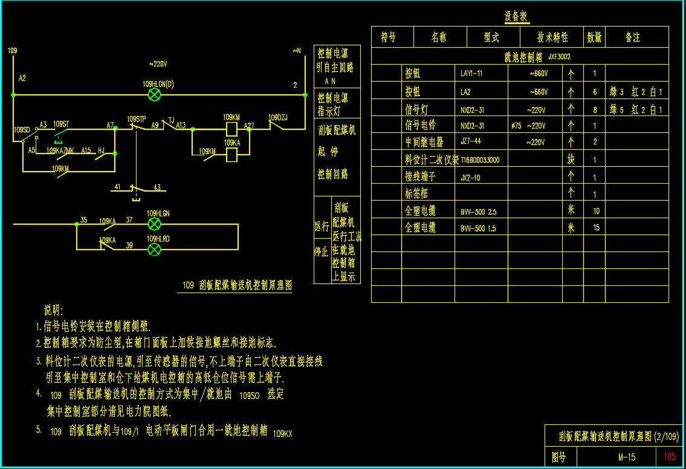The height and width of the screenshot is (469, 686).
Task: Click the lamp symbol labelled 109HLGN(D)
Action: pyautogui.click(x=155, y=94)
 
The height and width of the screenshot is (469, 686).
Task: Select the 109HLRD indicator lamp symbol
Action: pyautogui.click(x=155, y=249)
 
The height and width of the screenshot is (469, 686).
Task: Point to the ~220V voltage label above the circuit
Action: pyautogui.click(x=158, y=63)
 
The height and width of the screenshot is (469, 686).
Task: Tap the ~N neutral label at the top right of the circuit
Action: pyautogui.click(x=296, y=51)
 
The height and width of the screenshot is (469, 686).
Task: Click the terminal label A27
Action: pyautogui.click(x=249, y=126)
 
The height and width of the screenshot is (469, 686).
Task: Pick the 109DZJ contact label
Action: pyautogui.click(x=278, y=117)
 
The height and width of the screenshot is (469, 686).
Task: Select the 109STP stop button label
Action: pyautogui.click(x=137, y=118)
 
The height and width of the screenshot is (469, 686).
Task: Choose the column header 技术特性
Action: pyautogui.click(x=552, y=37)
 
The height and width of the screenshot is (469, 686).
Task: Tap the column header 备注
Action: pyautogui.click(x=632, y=37)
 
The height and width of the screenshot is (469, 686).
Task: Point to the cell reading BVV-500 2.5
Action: pyautogui.click(x=479, y=212)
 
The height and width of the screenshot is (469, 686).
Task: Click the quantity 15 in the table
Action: pyautogui.click(x=596, y=228)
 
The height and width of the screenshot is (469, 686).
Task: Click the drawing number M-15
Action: pyautogui.click(x=627, y=457)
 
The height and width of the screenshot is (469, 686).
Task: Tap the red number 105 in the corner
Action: pyautogui.click(x=670, y=457)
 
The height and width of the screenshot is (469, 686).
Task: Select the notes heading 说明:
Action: pyautogui.click(x=53, y=311)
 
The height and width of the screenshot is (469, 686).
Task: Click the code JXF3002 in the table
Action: pyautogui.click(x=559, y=57)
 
